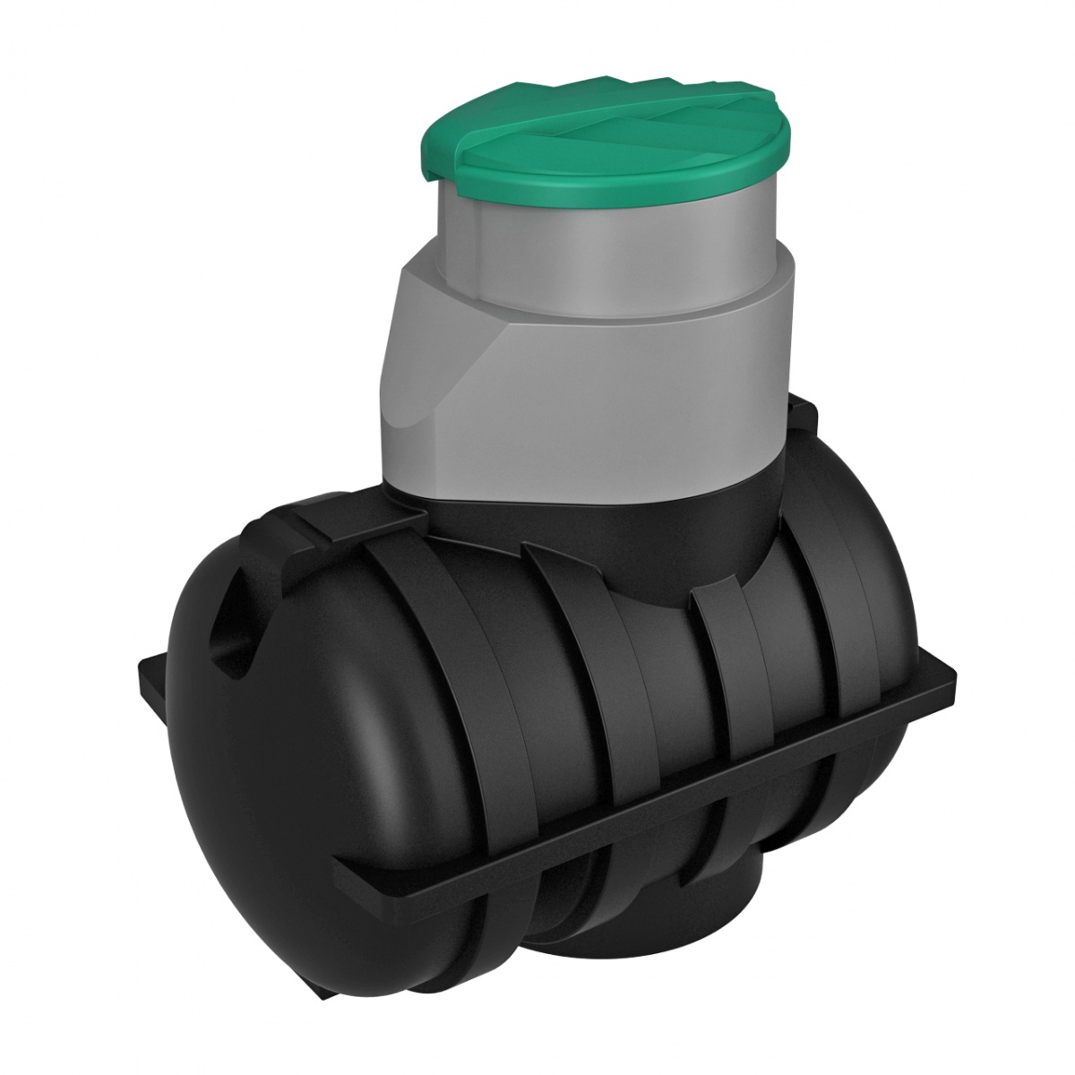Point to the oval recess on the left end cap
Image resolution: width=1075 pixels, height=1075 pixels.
pos(231,627)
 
